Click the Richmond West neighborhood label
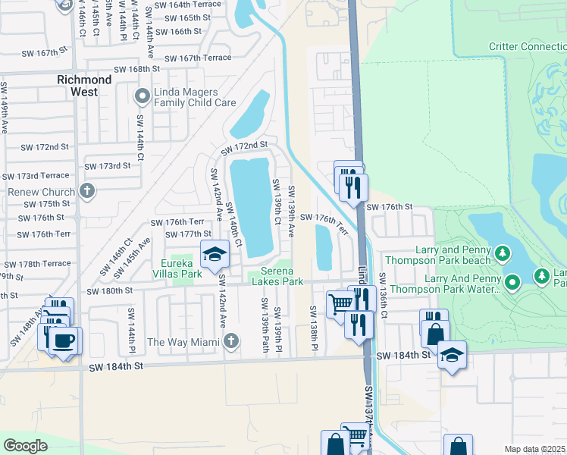coord(85,85)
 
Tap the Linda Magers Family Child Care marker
coord(142,96)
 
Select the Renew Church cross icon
coord(88,190)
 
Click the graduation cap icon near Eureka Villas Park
coord(215,254)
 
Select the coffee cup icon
coord(64,340)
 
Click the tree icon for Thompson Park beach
coord(502,253)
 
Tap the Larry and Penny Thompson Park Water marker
coord(513,284)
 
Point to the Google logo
coord(26,445)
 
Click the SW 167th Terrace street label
coord(198,58)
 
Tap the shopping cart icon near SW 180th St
coord(340,303)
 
